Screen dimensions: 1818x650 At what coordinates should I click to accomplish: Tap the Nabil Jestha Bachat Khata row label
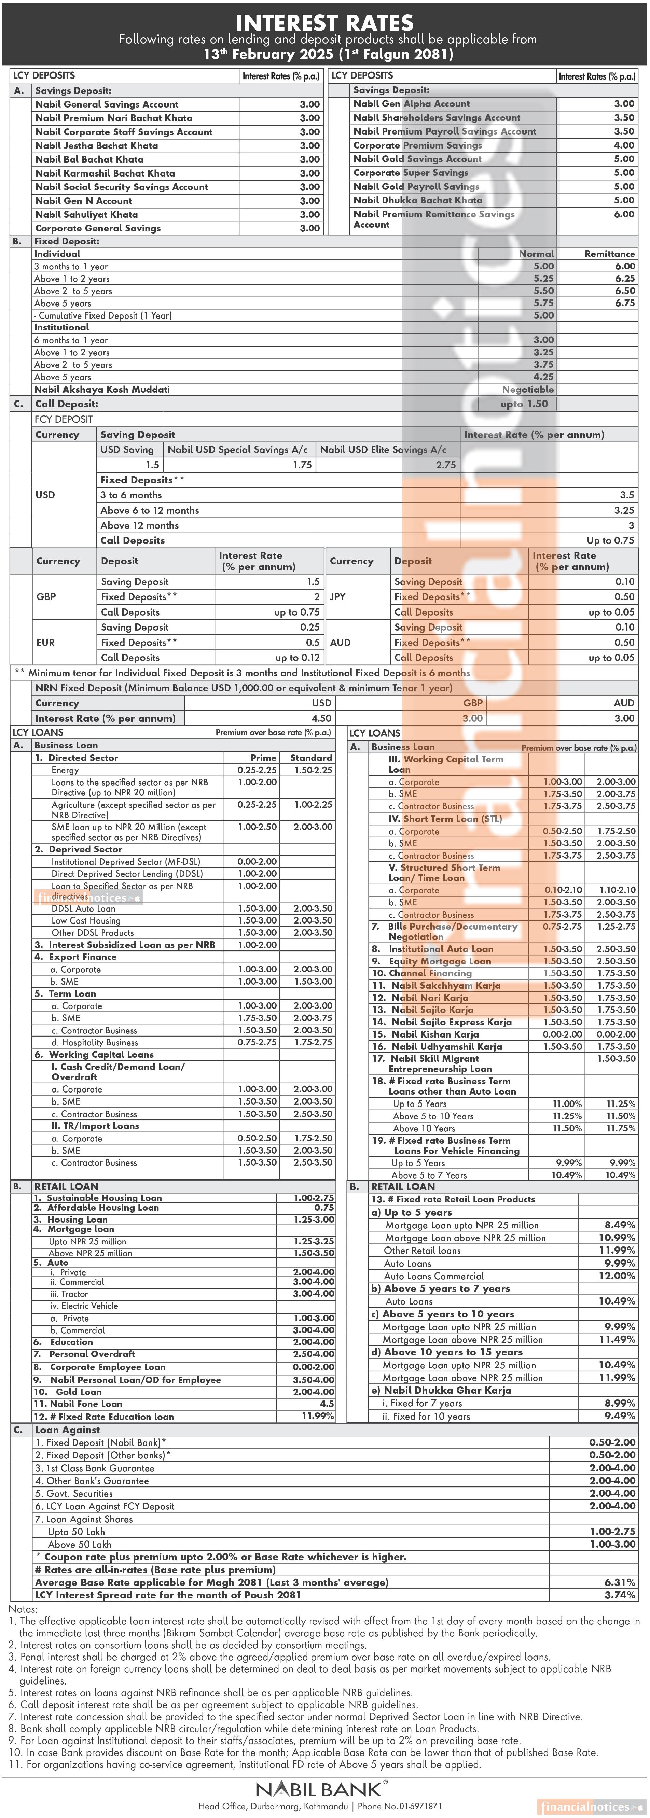[97, 145]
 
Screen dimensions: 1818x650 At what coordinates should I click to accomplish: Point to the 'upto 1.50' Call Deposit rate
[524, 404]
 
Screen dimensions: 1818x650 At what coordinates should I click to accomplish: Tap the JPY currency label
[338, 597]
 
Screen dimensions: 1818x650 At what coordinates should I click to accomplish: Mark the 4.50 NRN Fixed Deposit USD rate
[321, 718]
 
